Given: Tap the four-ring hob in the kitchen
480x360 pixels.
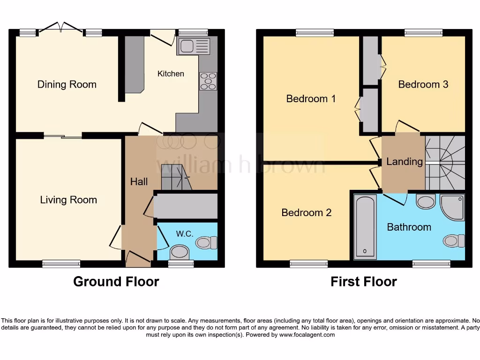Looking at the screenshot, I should pos(208,81).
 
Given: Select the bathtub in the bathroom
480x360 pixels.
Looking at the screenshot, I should pos(366,226).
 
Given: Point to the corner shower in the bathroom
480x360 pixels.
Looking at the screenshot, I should pos(453,208).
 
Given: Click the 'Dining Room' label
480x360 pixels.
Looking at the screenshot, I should pos(67,84).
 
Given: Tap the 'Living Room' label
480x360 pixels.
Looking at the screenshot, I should pos(68,200).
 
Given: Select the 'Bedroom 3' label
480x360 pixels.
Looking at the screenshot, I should pos(423,84).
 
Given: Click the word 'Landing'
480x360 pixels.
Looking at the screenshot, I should pos(404,162).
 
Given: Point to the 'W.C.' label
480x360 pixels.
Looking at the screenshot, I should pos(185,233).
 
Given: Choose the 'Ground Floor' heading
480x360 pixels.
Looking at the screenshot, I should pos(116,281).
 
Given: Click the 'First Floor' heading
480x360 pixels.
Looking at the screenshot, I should pos(363,281).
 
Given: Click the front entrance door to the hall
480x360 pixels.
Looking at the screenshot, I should pos(138,258).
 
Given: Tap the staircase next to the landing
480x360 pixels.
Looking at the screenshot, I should pos(445,162).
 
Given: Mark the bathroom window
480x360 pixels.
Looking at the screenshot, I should pos(431,264).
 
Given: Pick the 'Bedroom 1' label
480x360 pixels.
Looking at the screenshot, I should pos(311,99).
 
